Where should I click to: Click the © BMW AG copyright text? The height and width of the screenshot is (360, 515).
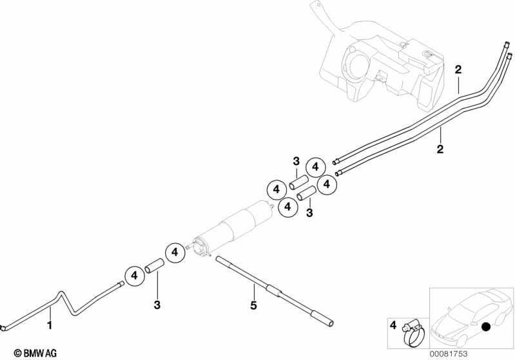[35, 354]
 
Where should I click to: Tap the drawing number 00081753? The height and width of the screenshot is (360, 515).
[449, 354]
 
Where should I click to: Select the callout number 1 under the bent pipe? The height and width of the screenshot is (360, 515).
[50, 325]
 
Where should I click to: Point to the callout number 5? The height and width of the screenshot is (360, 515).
[253, 305]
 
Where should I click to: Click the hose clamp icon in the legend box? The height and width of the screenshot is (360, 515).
[414, 332]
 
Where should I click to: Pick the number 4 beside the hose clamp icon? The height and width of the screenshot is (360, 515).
[393, 325]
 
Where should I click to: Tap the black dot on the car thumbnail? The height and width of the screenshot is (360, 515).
[485, 327]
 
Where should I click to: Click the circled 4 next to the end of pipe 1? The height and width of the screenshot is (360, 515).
[134, 276]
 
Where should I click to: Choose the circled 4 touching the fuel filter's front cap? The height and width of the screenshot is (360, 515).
[175, 252]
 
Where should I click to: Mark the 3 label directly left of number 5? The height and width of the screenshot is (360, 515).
[157, 305]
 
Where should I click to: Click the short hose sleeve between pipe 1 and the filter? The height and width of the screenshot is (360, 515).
[154, 265]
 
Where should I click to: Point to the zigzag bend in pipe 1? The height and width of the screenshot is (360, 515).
[66, 303]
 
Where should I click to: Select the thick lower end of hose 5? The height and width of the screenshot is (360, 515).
[322, 318]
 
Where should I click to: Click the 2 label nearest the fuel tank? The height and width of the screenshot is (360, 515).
[458, 70]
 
